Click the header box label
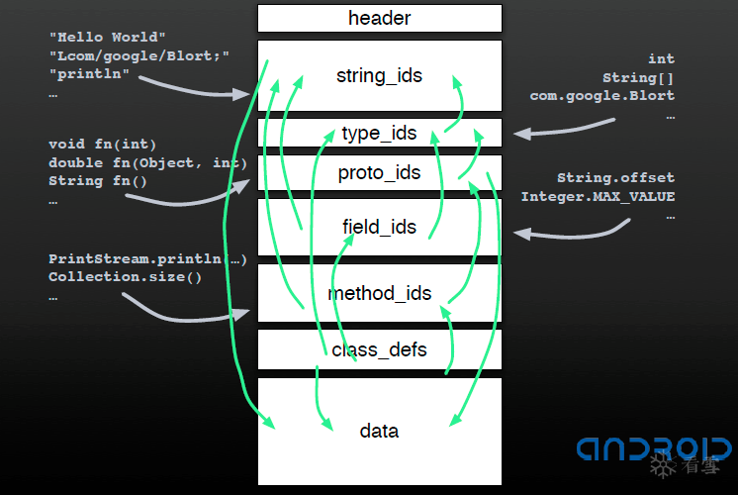click(379, 19)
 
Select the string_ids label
click(379, 75)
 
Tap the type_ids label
click(379, 134)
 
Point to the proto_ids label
click(379, 173)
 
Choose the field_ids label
click(379, 227)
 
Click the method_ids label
click(379, 293)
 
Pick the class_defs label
click(379, 349)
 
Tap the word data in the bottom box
click(379, 431)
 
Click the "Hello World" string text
click(108, 37)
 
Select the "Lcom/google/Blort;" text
click(139, 55)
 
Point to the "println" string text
click(89, 74)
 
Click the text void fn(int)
click(102, 144)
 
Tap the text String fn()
click(98, 181)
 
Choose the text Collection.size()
click(126, 276)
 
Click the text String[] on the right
click(639, 77)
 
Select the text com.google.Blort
click(602, 96)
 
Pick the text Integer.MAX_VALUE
click(598, 196)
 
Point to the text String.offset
click(616, 177)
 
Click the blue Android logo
click(654, 448)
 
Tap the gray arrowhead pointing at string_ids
click(242, 95)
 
